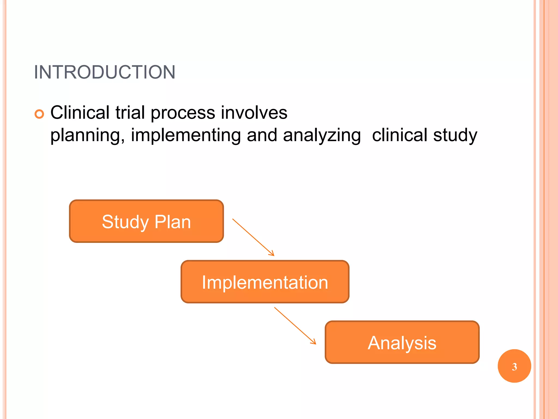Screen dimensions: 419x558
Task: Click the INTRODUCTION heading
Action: (105, 72)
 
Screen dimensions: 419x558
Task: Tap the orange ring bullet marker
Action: (39, 114)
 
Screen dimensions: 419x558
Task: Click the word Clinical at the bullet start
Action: (80, 112)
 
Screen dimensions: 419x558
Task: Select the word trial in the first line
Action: (130, 112)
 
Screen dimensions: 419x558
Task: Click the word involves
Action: (254, 112)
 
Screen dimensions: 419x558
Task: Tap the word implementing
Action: (186, 136)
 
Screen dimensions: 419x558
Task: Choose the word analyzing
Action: (322, 136)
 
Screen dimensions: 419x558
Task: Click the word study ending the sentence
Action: (455, 136)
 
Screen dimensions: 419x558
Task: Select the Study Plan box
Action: (147, 221)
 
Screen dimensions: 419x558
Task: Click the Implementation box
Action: (265, 282)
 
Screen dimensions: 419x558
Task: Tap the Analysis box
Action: (402, 342)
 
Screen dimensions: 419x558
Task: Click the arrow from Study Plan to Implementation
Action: (253, 237)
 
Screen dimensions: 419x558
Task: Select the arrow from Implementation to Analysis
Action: (295, 325)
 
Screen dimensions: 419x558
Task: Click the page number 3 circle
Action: (514, 366)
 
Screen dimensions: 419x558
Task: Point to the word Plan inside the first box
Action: (172, 222)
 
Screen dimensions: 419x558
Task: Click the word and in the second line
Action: (262, 136)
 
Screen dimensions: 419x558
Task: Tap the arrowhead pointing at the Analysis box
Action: (314, 342)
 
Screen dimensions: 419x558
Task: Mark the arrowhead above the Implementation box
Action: (272, 254)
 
